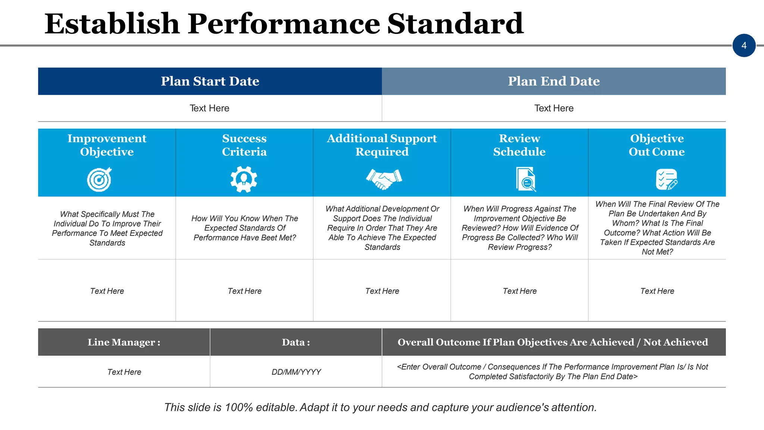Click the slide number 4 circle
click(x=744, y=46)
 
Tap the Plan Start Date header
click(x=210, y=81)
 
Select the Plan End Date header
click(x=554, y=81)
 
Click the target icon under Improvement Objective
click(x=100, y=180)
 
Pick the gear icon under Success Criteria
click(x=244, y=180)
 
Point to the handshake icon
click(x=383, y=179)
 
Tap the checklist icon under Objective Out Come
click(x=667, y=180)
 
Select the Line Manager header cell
click(x=124, y=342)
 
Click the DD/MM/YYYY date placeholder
click(x=296, y=372)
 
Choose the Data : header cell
click(x=296, y=342)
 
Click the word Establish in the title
click(x=112, y=24)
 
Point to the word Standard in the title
click(x=455, y=24)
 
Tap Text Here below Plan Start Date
click(x=209, y=108)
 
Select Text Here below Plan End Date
click(x=554, y=108)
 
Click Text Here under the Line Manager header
click(x=124, y=372)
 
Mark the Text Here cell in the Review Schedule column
click(x=520, y=291)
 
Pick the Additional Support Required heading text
click(x=382, y=145)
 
